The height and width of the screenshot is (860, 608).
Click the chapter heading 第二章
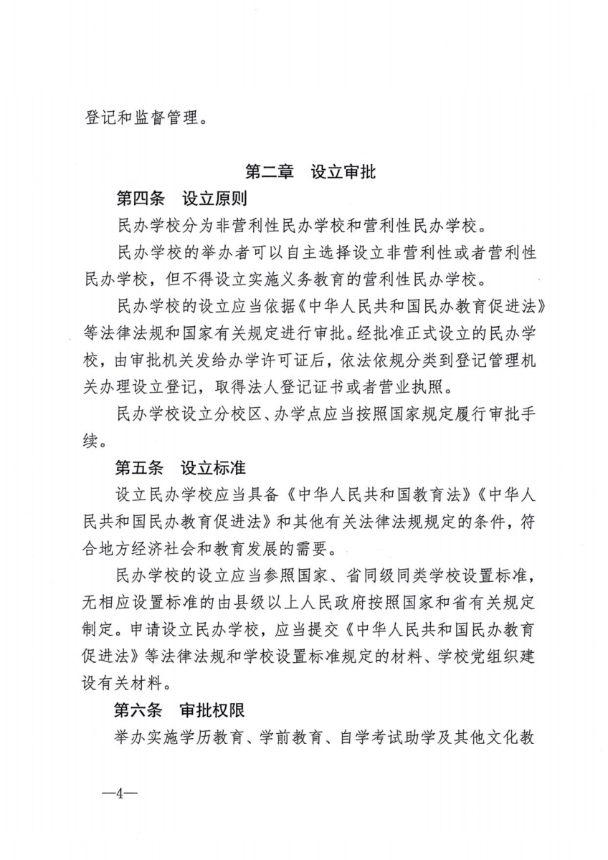coord(269,172)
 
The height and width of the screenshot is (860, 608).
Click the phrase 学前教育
coord(293,737)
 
